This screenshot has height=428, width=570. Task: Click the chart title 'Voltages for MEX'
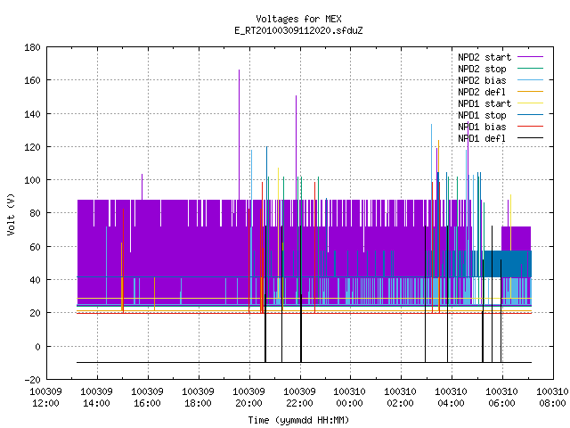(298, 19)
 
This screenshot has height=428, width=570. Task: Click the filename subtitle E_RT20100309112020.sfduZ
(298, 30)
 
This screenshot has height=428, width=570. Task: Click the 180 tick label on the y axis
(32, 47)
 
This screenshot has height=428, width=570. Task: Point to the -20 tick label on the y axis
(32, 380)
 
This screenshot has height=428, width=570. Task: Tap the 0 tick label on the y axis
(37, 347)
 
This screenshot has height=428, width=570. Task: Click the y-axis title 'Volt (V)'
(12, 214)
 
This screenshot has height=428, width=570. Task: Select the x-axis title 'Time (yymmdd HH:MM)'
(298, 420)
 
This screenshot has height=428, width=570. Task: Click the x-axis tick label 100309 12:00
(45, 398)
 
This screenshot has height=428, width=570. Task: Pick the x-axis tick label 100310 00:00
(350, 398)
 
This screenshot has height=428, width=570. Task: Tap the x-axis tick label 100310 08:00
(552, 398)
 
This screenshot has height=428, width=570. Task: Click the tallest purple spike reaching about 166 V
(240, 135)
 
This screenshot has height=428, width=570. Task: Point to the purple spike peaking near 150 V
(297, 148)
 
